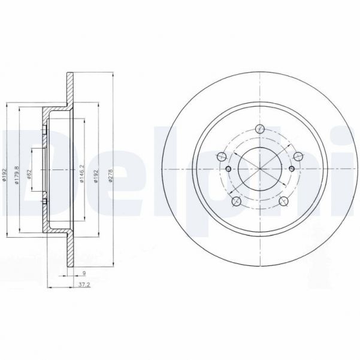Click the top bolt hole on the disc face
pos(259,128)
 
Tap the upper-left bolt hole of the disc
pos(220,157)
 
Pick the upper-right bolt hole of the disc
pos(298,156)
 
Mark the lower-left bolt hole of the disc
pos(236,201)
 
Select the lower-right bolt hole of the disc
pos(283,201)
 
